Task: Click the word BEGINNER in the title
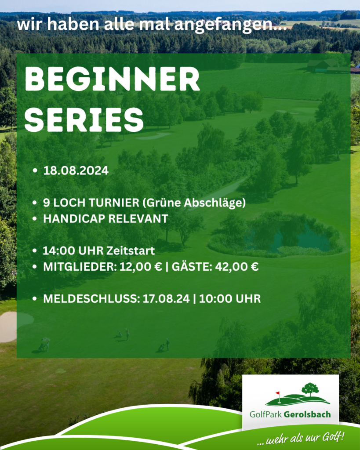112,79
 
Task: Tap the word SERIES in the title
84,120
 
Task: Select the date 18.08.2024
76,171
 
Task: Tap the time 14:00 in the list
59,251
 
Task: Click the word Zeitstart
131,251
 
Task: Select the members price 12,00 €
141,267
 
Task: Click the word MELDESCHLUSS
91,299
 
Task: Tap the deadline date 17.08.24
166,299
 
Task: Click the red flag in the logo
278,393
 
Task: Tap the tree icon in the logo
310,389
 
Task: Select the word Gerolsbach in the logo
307,414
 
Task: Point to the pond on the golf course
283,238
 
